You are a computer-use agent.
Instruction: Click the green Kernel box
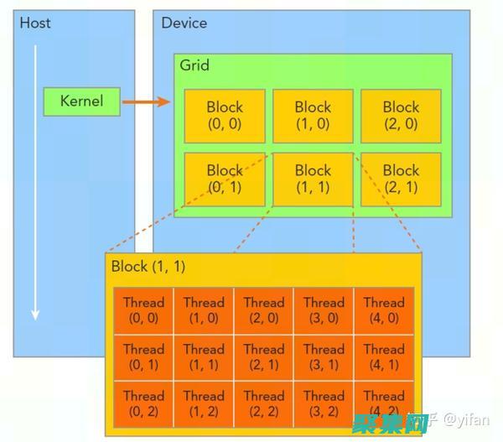81,101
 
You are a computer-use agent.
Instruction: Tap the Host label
35,23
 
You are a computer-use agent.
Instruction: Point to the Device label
184,23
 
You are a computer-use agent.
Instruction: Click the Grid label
195,65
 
